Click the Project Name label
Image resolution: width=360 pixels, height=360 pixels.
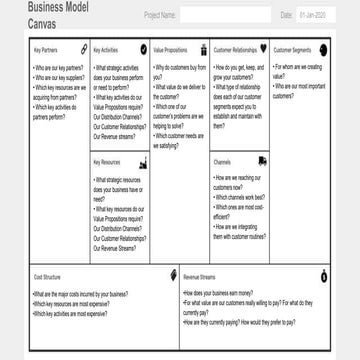160,16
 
